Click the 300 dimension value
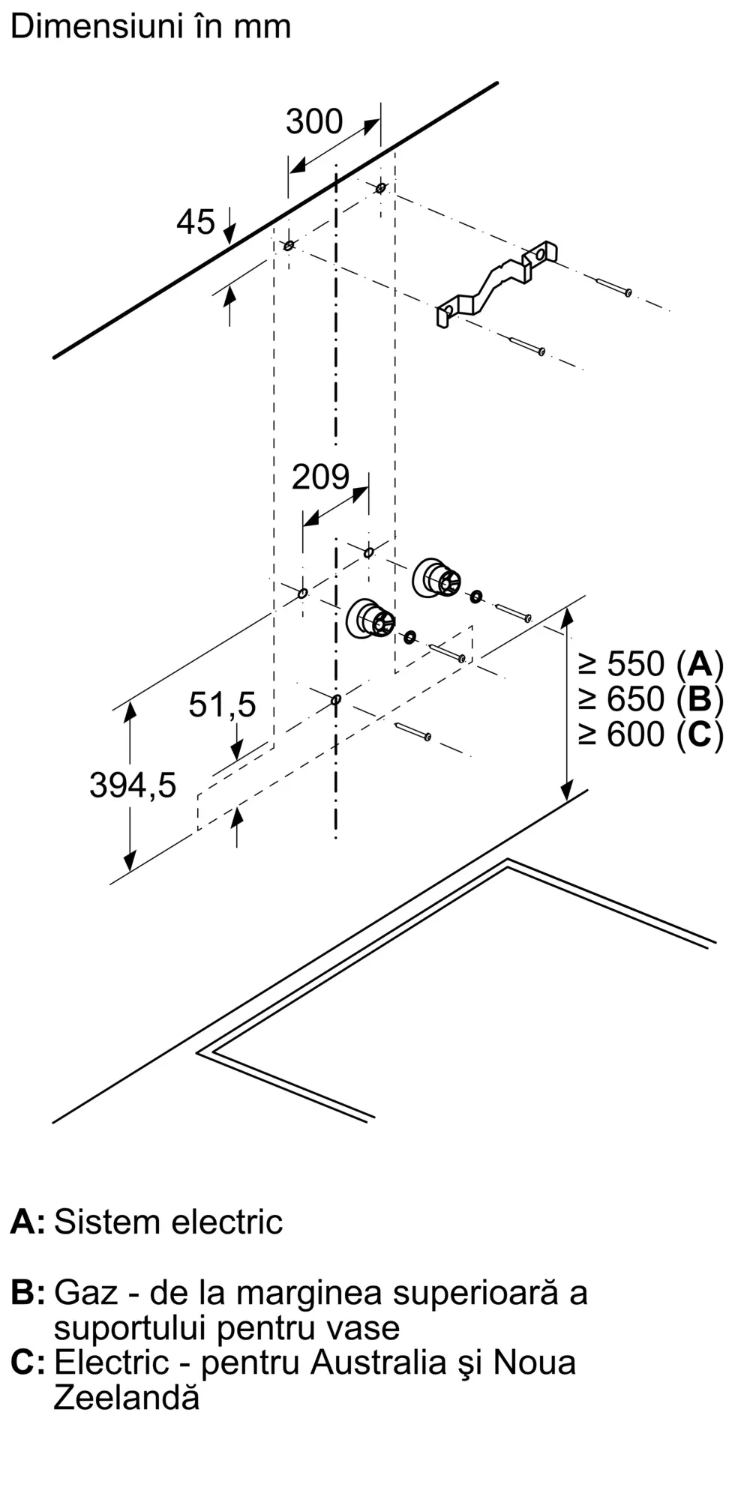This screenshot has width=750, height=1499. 314,121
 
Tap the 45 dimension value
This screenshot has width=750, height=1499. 196,222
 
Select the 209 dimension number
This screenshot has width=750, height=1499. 320,477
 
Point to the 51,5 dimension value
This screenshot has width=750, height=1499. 222,705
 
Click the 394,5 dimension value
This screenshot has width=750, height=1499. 133,785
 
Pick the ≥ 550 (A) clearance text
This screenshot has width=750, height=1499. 650,664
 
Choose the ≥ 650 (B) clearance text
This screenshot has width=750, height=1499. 650,699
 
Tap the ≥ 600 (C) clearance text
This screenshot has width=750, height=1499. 650,735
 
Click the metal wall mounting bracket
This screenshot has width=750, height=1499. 497,284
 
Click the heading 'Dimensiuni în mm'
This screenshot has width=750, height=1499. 151,27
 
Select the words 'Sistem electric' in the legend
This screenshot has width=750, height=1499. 169,1222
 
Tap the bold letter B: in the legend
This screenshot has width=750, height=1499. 28,1293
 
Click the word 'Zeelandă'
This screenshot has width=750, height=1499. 127,1398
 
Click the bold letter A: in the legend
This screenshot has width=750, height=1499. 28,1222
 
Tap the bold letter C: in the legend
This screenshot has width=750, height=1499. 28,1363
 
